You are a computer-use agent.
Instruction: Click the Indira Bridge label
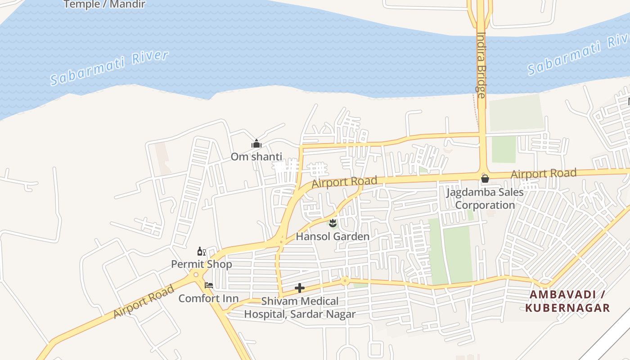click(481, 65)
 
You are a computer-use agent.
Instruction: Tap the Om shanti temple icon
click(256, 144)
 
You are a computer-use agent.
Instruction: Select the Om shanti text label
click(256, 157)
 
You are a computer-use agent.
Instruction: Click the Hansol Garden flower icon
click(333, 223)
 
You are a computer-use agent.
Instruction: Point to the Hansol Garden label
click(333, 236)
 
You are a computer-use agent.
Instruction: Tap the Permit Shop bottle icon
click(201, 251)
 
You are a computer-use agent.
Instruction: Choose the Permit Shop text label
click(201, 264)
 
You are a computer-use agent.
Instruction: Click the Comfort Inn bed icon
click(209, 285)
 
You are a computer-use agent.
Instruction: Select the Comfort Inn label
click(208, 298)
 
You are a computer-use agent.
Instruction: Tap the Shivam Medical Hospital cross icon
click(300, 288)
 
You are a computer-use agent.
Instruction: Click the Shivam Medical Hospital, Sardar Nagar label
click(300, 308)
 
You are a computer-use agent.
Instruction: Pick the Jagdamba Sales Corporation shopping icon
click(485, 179)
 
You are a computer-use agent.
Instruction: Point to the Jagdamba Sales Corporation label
click(485, 198)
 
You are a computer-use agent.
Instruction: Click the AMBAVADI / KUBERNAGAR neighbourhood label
click(569, 301)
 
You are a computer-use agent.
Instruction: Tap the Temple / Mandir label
click(104, 4)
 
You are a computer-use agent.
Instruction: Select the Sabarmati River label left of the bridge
click(109, 67)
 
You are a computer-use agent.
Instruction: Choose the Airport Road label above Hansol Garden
click(344, 182)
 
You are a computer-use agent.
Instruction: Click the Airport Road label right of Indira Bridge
click(544, 173)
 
